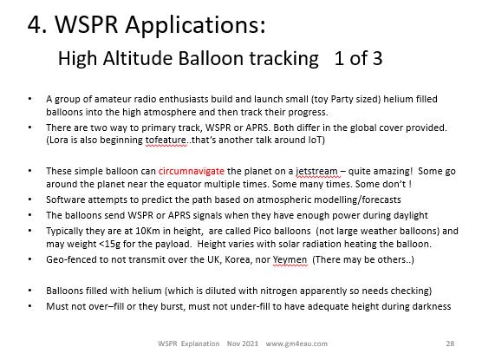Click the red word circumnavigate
pyautogui.click(x=192, y=171)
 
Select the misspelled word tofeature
pyautogui.click(x=166, y=140)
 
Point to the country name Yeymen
pyautogui.click(x=290, y=260)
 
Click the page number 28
pyautogui.click(x=450, y=344)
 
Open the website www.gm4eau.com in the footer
pyautogui.click(x=296, y=344)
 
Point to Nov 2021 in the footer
pyautogui.click(x=243, y=344)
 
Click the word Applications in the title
pyautogui.click(x=195, y=25)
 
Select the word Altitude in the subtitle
pyautogui.click(x=138, y=58)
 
